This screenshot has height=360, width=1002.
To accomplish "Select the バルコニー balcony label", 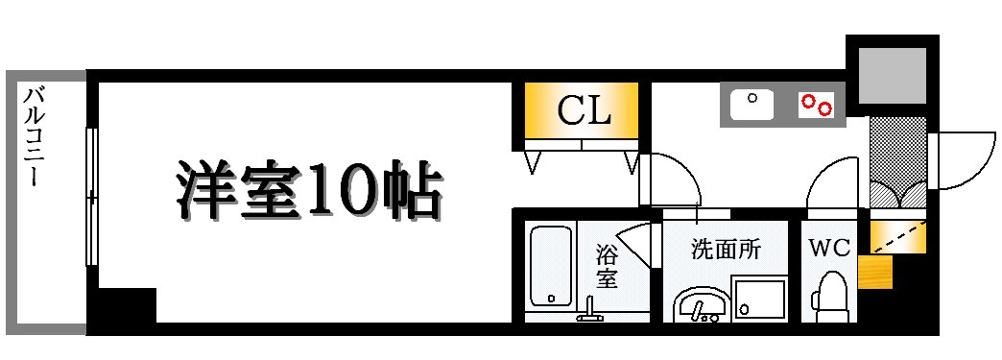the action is tap(35, 134).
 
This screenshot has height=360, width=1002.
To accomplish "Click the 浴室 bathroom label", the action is tap(607, 267).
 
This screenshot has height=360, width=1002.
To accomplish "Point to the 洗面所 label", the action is tap(726, 249).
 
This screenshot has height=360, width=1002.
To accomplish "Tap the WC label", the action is tap(829, 248).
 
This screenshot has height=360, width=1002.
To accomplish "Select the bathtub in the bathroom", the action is tap(550, 266).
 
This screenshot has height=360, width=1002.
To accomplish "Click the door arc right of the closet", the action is tap(672, 179).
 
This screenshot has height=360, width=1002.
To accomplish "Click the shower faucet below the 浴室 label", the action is tap(588, 309).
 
